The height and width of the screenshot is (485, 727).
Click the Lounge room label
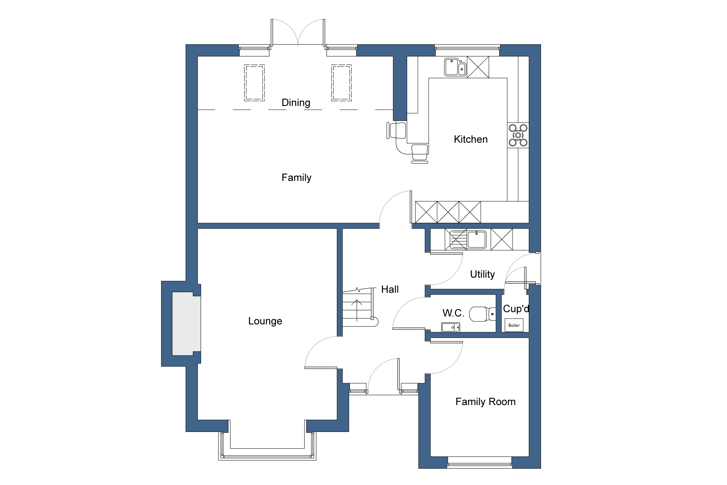(265, 321)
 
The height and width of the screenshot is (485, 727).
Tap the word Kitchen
(470, 139)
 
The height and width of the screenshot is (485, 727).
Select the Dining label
(296, 102)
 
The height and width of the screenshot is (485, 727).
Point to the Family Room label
(485, 401)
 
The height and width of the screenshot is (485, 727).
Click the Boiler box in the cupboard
(514, 325)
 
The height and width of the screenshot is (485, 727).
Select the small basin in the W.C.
(450, 327)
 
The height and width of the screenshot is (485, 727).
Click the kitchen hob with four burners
(518, 135)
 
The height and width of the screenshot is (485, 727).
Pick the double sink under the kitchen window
(455, 67)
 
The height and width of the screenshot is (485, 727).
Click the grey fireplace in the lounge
(186, 324)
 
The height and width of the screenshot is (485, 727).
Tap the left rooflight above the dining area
(254, 83)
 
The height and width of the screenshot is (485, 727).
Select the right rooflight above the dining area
(341, 83)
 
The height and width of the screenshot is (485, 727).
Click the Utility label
(482, 274)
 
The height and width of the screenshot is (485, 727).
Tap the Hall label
(389, 289)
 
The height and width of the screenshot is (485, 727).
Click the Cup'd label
(516, 309)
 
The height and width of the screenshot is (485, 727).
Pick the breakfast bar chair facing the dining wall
(397, 131)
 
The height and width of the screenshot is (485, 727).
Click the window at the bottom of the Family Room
(480, 464)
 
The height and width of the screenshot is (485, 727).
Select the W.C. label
(453, 313)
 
